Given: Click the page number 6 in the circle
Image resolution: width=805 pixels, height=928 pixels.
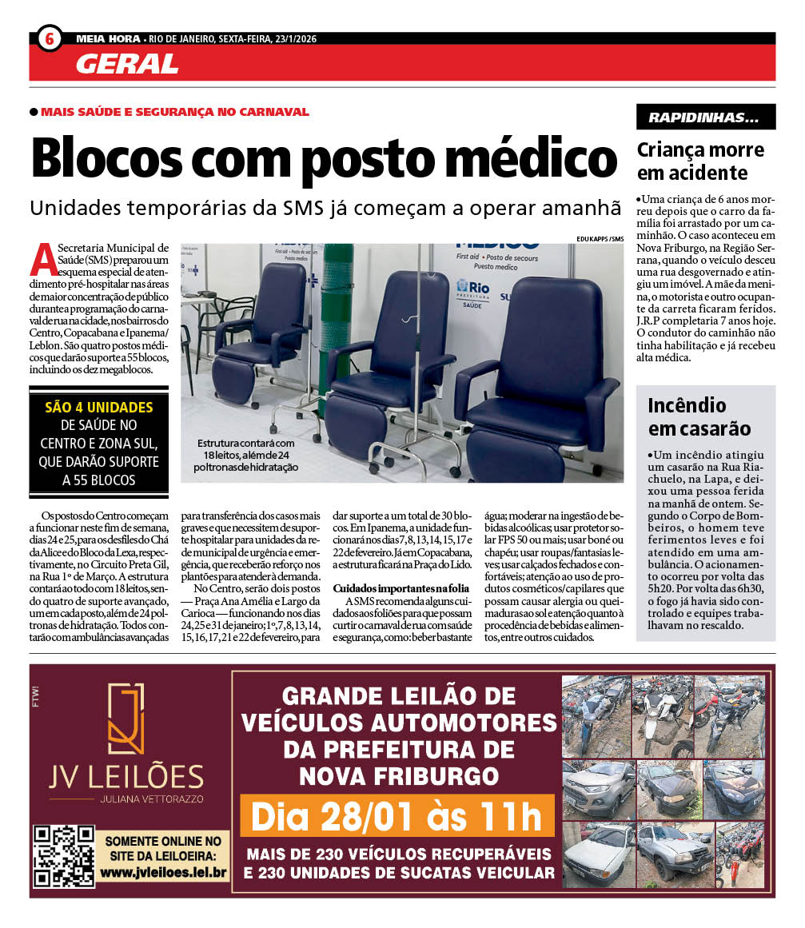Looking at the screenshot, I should [50, 38].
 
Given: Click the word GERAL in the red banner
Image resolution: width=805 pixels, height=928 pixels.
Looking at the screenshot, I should [127, 64].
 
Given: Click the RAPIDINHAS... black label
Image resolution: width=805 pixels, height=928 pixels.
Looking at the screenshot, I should [705, 117].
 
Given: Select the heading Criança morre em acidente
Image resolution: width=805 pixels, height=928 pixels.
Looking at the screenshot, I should [700, 161].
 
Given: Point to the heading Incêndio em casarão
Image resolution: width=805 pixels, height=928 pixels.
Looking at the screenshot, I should [699, 416].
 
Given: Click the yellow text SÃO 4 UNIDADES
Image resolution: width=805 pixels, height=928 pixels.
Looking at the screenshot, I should [99, 407].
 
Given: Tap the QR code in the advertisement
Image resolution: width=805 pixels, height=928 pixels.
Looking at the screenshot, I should [64, 855].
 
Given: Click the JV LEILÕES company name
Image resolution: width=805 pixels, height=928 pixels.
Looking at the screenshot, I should [126, 776].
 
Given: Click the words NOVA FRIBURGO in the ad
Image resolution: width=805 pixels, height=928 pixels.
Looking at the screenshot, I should [398, 775].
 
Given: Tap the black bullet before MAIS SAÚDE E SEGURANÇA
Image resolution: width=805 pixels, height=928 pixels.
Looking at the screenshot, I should [34, 112].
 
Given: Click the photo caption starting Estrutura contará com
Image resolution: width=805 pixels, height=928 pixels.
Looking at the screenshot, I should [247, 455].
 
